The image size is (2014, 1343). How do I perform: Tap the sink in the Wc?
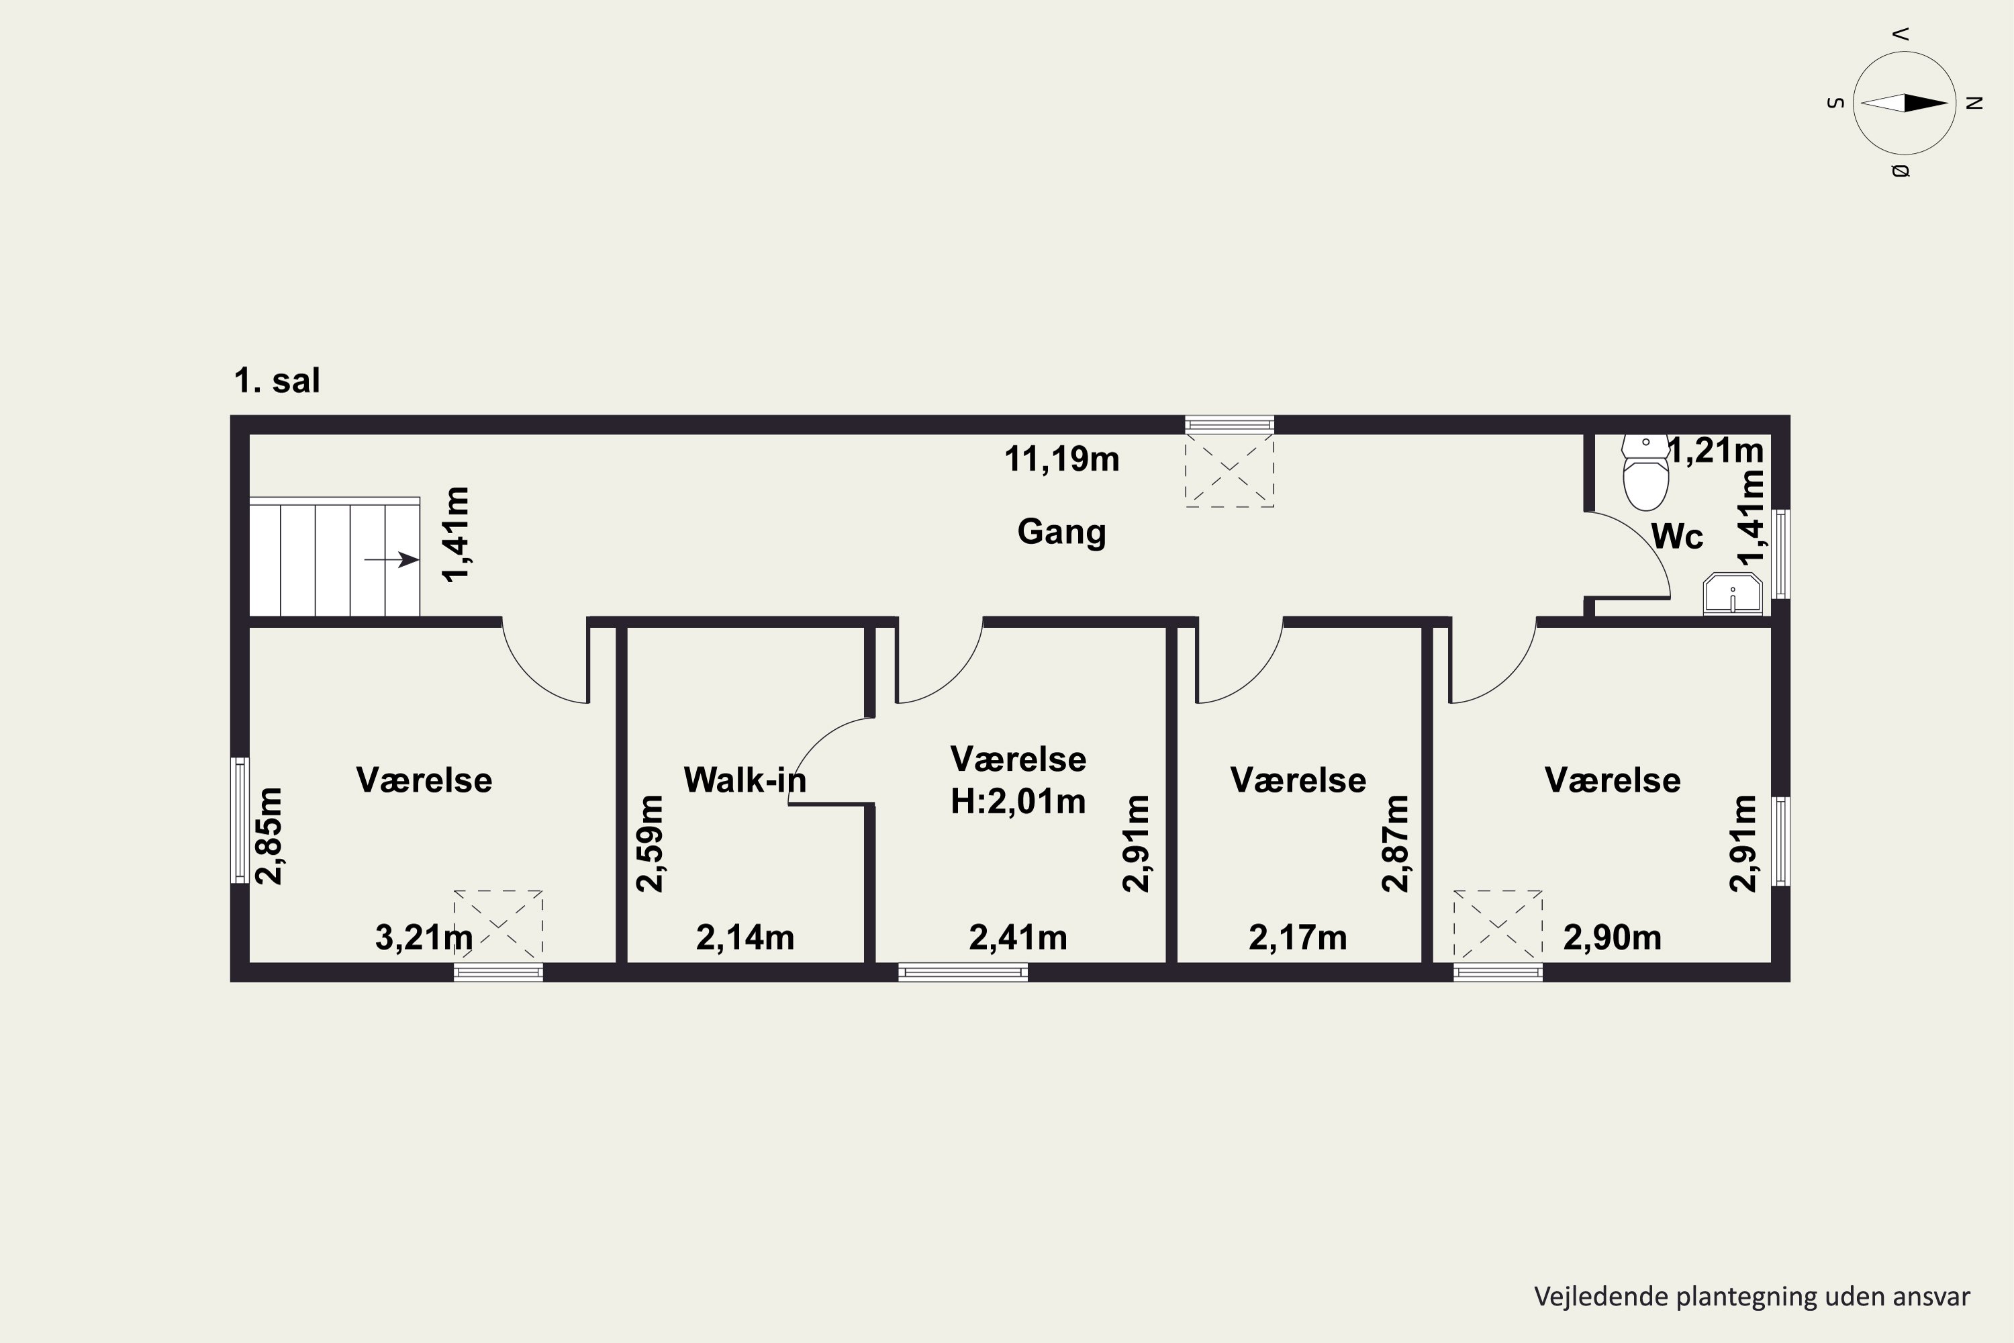pyautogui.click(x=1732, y=594)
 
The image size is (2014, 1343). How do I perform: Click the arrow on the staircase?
pyautogui.click(x=391, y=560)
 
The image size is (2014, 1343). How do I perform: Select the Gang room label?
pyautogui.click(x=1062, y=532)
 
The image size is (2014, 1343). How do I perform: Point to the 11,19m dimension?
pyautogui.click(x=1062, y=459)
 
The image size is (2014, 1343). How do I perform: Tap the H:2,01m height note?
pyautogui.click(x=1018, y=802)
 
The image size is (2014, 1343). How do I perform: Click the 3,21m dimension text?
pyautogui.click(x=424, y=938)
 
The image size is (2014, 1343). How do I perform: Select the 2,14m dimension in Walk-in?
pyautogui.click(x=745, y=938)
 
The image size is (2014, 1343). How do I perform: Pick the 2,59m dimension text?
pyautogui.click(x=650, y=843)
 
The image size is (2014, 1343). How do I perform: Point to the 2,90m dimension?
pyautogui.click(x=1613, y=938)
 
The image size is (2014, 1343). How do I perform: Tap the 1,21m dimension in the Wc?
pyautogui.click(x=1717, y=451)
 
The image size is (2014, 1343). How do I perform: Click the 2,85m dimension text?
pyautogui.click(x=270, y=836)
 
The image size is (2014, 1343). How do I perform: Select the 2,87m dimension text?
pyautogui.click(x=1396, y=843)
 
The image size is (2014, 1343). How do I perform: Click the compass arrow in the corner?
pyautogui.click(x=1905, y=103)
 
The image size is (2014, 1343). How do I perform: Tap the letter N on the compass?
pyautogui.click(x=1974, y=103)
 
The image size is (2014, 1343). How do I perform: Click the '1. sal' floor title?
pyautogui.click(x=277, y=380)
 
